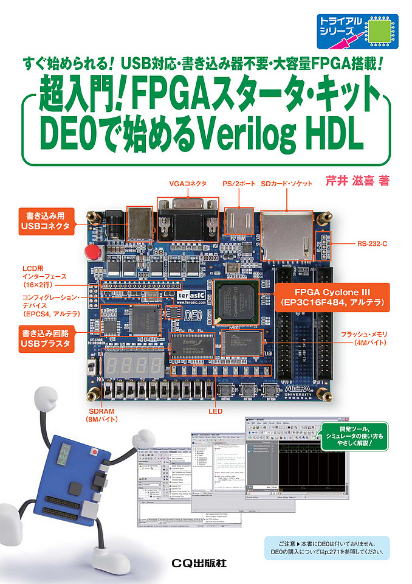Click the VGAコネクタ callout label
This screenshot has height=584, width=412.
click(188, 183)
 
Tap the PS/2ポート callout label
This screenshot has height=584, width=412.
click(239, 183)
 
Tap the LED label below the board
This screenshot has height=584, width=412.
click(215, 412)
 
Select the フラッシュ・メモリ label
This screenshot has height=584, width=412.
click(366, 338)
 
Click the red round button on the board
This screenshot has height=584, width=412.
click(92, 251)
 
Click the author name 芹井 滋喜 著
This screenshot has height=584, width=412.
click(357, 180)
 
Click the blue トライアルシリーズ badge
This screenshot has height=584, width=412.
click(358, 32)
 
